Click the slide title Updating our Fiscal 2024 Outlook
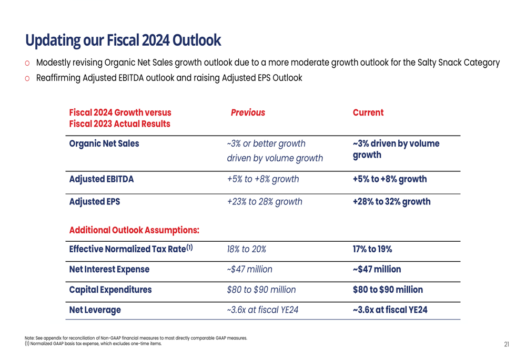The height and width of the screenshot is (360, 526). [x=123, y=40]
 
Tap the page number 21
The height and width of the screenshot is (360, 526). [x=507, y=344]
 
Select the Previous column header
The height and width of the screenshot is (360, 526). [x=248, y=112]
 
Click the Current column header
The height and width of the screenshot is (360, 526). [x=368, y=112]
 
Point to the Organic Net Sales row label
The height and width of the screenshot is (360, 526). [x=104, y=143]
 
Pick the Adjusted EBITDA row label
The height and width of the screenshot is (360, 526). [x=102, y=179]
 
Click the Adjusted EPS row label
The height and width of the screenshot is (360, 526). [x=95, y=202]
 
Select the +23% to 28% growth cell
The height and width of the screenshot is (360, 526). [x=265, y=202]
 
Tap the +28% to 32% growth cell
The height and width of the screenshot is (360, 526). [x=391, y=202]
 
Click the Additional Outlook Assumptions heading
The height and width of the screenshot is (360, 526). [x=134, y=230]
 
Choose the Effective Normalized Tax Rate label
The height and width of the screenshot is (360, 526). [x=131, y=249]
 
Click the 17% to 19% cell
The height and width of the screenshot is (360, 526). [x=372, y=249]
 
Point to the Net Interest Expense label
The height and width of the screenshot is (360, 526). [x=109, y=270]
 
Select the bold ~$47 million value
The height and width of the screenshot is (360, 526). [x=377, y=270]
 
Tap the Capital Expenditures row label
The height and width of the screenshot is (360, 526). [x=110, y=290]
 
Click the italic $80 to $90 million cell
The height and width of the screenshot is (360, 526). [x=261, y=290]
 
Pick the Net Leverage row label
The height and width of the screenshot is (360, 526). [x=95, y=310]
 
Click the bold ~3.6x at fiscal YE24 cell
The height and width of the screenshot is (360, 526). [x=390, y=310]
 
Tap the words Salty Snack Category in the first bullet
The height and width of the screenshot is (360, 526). [x=458, y=63]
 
